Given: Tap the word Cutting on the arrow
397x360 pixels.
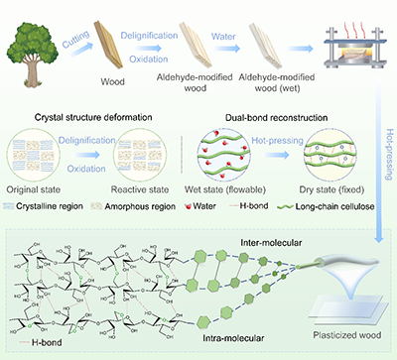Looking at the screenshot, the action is tap(76, 39).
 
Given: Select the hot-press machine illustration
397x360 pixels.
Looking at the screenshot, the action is tap(354, 46).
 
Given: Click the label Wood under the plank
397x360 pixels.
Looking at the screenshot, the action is tap(112, 81).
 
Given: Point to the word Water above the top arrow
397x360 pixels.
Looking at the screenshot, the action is tap(223, 36).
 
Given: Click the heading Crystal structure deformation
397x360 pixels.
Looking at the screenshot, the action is tap(93, 117).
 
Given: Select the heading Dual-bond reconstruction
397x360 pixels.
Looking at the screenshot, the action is tap(277, 118).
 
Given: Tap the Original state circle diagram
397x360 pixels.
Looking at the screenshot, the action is tap(33, 156).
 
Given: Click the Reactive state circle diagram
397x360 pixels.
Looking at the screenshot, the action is tap(140, 156).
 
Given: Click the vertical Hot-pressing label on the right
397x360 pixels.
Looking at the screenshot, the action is tap(390, 155).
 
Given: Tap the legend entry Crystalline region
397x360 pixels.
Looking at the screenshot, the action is tap(43, 206).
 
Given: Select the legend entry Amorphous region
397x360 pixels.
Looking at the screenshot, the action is tap(133, 206).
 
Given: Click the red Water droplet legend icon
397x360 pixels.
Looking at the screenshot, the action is tap(189, 206).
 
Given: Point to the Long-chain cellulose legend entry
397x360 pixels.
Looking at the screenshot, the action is tap(326, 206).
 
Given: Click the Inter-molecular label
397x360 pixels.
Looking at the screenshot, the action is tap(271, 243).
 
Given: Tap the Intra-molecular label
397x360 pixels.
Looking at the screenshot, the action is tap(233, 338).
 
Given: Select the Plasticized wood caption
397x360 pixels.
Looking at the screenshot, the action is tap(347, 335).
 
